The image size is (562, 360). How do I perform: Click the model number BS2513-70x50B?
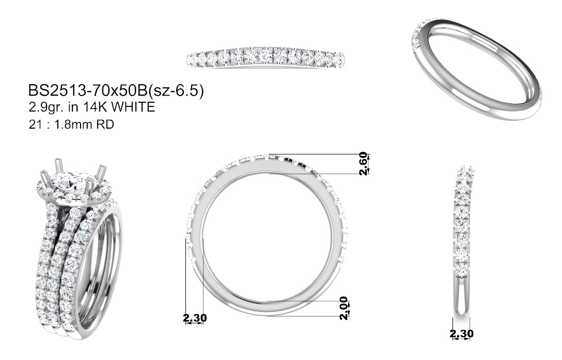point(88,91)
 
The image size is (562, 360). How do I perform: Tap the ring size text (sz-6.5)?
point(176,91)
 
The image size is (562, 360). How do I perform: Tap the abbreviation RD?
point(105,124)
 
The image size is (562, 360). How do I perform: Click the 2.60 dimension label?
point(364,164)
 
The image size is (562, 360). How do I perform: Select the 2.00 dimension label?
point(344,308)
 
